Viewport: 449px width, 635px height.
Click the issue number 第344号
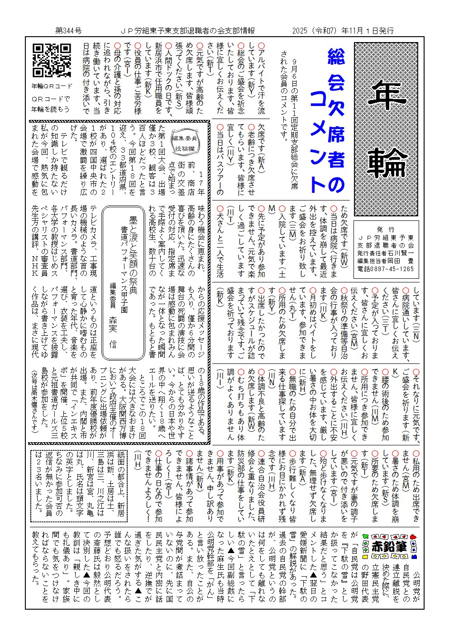tap(68, 31)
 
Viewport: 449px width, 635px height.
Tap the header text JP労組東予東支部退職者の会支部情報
tap(188, 31)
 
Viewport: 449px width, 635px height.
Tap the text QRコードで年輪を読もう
tap(51, 104)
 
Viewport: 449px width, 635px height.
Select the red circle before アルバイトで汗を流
tap(262, 46)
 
